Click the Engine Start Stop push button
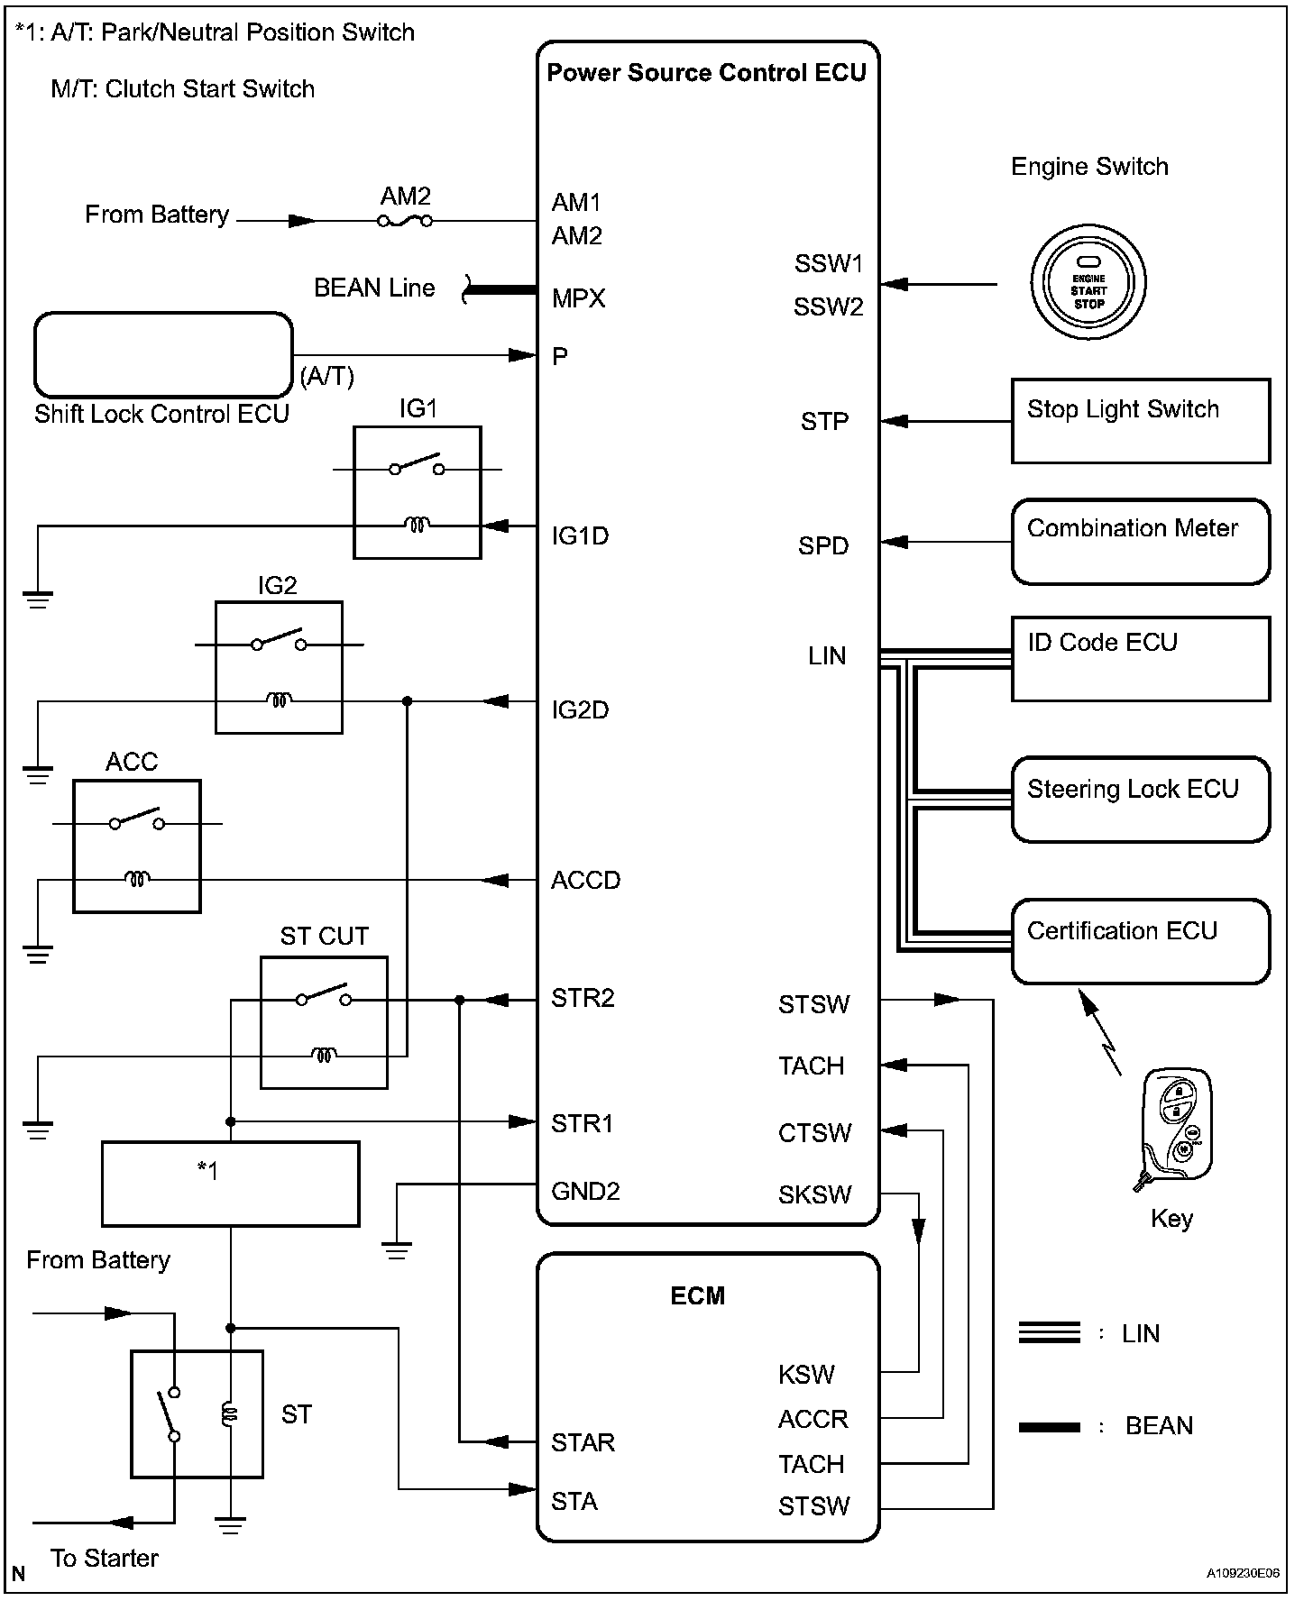point(1088,285)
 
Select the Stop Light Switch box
point(1140,421)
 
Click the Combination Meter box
point(1140,542)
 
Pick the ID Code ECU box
point(1140,659)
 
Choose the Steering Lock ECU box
point(1140,800)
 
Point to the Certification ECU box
point(1140,941)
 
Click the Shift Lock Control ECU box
point(163,355)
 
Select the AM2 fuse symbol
point(405,221)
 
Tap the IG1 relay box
point(417,493)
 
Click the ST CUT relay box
point(324,1022)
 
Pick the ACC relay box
point(136,846)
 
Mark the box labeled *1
point(230,1184)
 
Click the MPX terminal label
point(578,298)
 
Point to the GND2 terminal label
point(585,1192)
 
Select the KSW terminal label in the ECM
point(806,1375)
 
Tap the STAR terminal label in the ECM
point(583,1442)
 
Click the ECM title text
point(698,1296)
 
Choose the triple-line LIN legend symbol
point(1049,1332)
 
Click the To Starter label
point(105,1558)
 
